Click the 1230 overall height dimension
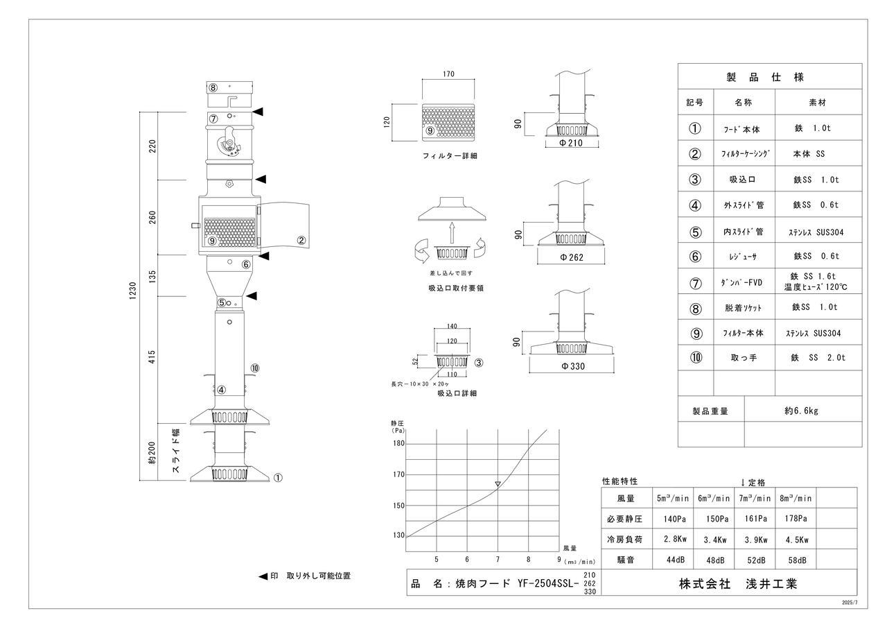[132, 292]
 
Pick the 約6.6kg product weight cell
[802, 411]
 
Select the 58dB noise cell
[795, 560]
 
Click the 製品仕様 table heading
[769, 77]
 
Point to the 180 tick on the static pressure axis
[398, 443]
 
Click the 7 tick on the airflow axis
[498, 560]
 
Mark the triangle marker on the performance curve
[498, 483]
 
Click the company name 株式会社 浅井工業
[738, 584]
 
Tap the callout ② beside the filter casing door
[301, 241]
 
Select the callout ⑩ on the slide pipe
[255, 368]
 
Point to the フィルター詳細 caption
[450, 156]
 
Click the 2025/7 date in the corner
[850, 603]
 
